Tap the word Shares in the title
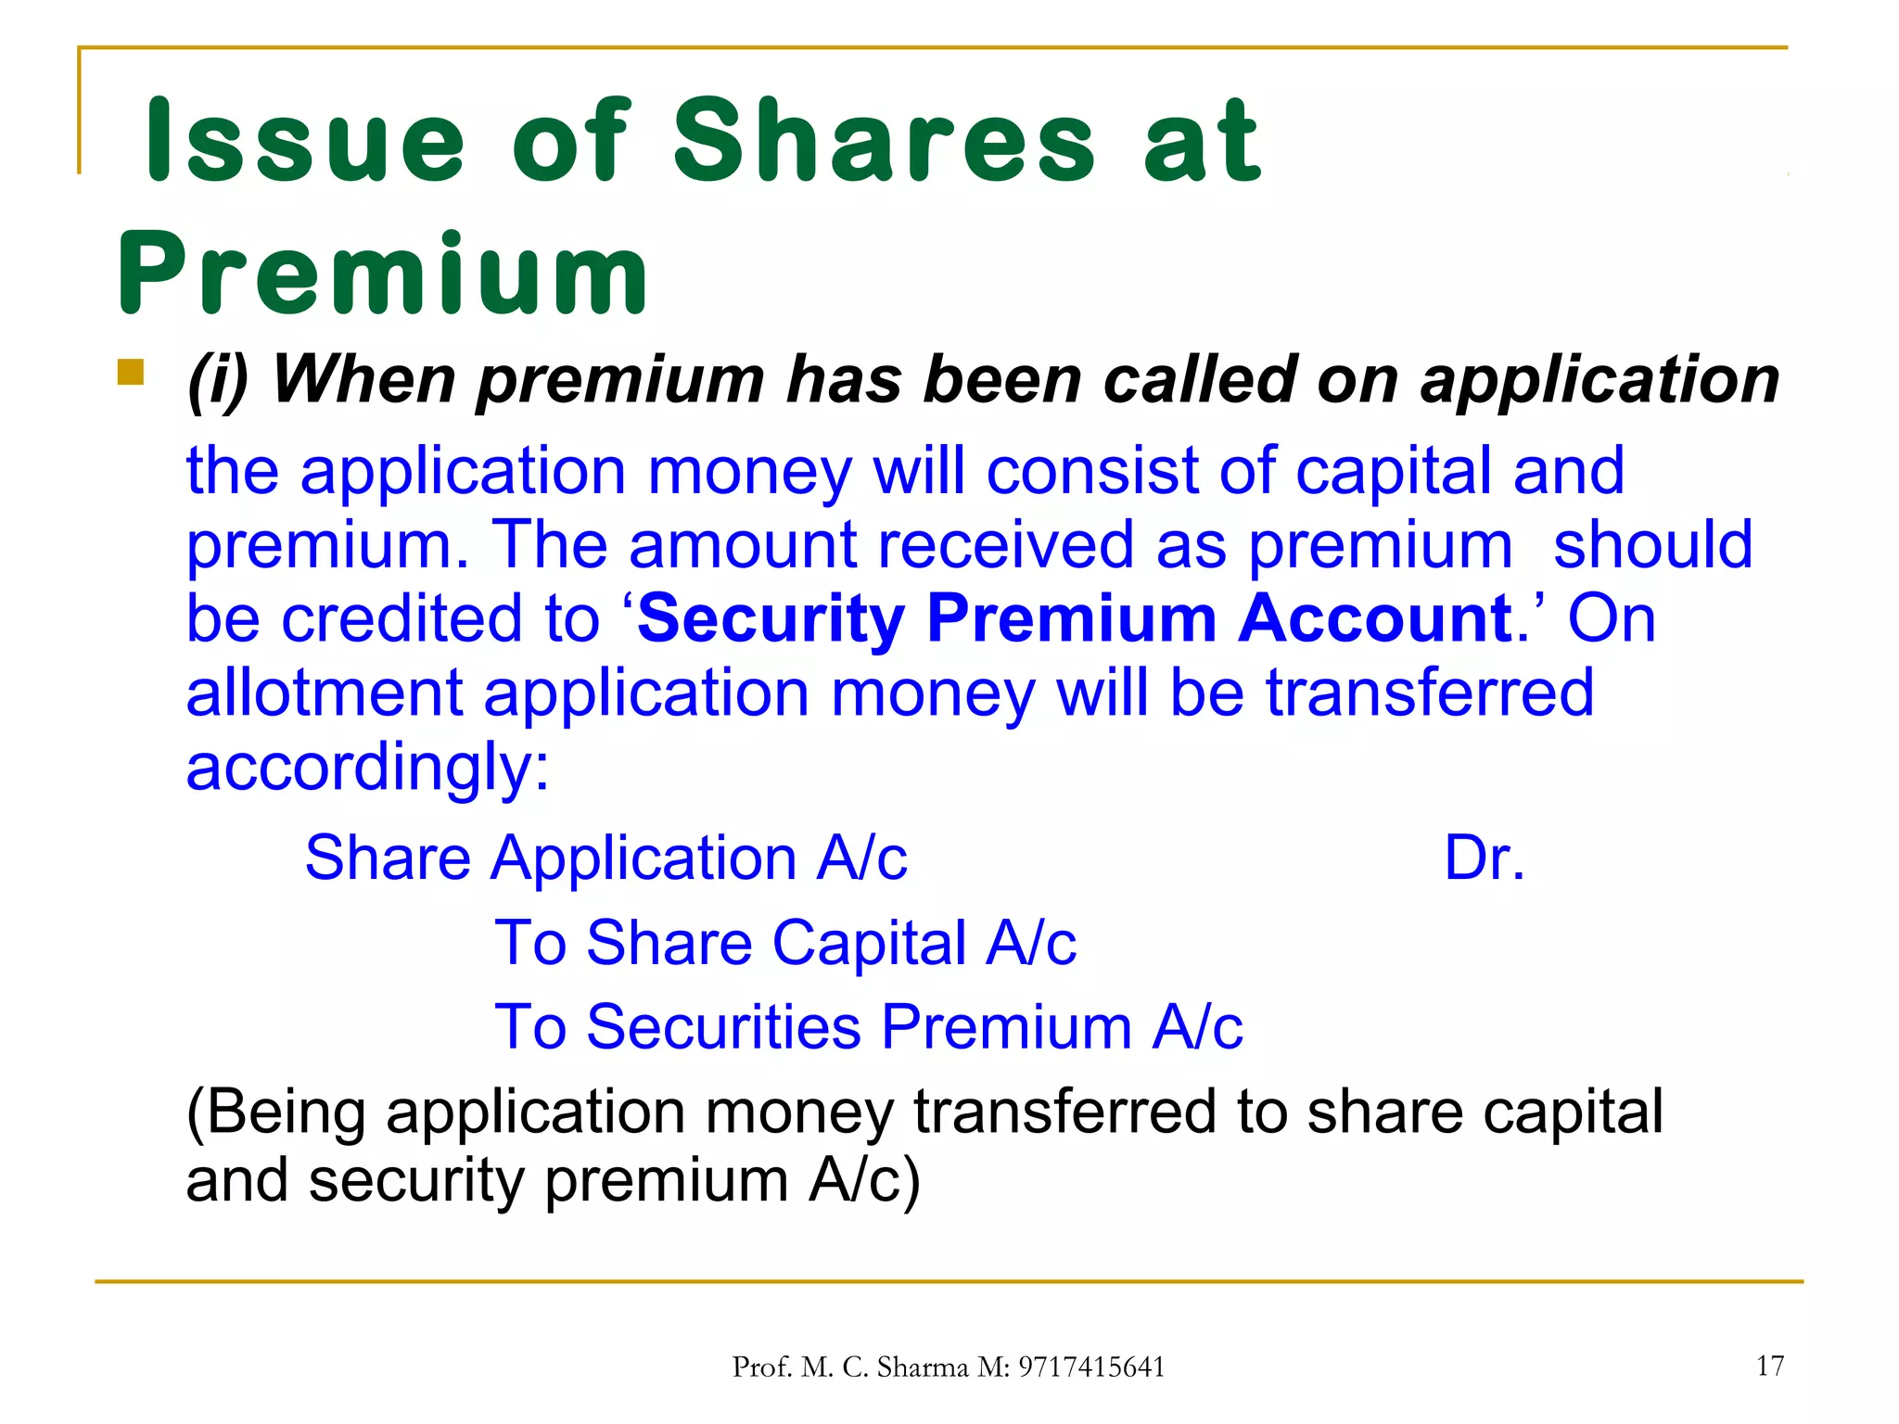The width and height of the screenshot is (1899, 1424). pyautogui.click(x=885, y=141)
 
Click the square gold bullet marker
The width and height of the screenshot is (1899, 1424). pyautogui.click(x=131, y=373)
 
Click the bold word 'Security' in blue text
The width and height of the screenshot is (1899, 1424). pyautogui.click(x=771, y=618)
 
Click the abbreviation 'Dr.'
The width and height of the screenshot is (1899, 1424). pyautogui.click(x=1484, y=858)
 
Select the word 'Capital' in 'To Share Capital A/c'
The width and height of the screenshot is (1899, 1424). pyautogui.click(x=869, y=943)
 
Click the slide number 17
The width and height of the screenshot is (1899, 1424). pyautogui.click(x=1770, y=1366)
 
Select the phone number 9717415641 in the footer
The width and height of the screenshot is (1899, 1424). pyautogui.click(x=1090, y=1367)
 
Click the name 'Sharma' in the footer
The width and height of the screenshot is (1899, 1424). pyautogui.click(x=923, y=1367)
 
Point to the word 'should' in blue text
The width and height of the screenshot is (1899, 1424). pyautogui.click(x=1652, y=545)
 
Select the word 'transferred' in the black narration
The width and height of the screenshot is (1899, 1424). pyautogui.click(x=1064, y=1112)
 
